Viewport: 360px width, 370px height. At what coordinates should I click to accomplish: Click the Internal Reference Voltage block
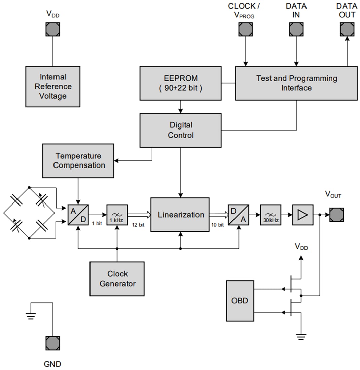(x=53, y=86)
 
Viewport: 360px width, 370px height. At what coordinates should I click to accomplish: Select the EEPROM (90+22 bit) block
(x=181, y=83)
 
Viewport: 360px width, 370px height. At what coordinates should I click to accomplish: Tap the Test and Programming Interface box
(x=296, y=83)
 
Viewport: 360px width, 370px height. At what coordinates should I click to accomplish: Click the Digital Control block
(x=181, y=130)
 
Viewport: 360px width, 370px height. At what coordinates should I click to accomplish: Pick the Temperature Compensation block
(x=78, y=161)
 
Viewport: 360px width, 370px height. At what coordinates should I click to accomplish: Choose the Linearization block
(x=180, y=215)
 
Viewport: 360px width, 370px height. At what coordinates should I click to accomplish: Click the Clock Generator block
(x=117, y=279)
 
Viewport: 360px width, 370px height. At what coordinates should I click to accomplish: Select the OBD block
(x=240, y=301)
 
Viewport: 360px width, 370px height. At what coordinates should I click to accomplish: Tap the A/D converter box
(x=78, y=215)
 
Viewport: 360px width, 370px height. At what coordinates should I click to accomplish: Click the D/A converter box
(x=239, y=215)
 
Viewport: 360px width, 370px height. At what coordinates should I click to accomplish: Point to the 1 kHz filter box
(x=117, y=215)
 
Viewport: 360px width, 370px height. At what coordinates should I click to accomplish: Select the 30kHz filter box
(x=271, y=215)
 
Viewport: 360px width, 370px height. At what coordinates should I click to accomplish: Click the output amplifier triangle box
(x=303, y=215)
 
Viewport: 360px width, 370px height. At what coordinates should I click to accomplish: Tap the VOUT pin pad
(x=336, y=215)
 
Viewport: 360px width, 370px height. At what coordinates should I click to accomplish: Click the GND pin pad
(x=53, y=343)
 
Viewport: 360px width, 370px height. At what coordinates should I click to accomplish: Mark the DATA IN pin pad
(x=296, y=29)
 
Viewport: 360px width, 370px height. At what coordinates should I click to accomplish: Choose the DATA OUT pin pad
(x=347, y=29)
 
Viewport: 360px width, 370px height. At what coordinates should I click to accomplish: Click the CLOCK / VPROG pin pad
(x=245, y=29)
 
